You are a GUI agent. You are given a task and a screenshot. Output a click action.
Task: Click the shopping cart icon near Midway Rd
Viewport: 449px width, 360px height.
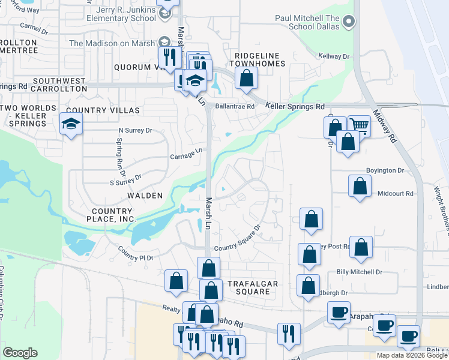[359, 125]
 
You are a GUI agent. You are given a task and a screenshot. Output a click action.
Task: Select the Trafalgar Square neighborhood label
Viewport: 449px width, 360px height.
[249, 287]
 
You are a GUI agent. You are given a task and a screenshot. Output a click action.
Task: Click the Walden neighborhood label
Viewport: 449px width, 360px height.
[145, 196]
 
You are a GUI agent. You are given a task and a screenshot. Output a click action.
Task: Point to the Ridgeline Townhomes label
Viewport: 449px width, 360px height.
[260, 59]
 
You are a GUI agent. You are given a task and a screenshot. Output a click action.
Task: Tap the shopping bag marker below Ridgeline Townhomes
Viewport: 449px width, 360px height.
[246, 77]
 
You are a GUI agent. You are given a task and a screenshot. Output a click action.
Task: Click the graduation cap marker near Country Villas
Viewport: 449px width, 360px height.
[71, 124]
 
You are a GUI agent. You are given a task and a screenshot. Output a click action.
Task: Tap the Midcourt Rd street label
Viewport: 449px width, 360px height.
[396, 194]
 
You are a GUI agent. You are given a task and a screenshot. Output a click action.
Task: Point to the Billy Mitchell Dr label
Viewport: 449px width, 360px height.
[359, 272]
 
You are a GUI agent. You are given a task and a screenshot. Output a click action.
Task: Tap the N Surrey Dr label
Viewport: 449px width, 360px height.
[136, 130]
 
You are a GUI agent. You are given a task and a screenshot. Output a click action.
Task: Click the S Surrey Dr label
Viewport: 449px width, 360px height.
[125, 179]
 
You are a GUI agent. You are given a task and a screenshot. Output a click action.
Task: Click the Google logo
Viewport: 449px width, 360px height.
[20, 353]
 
